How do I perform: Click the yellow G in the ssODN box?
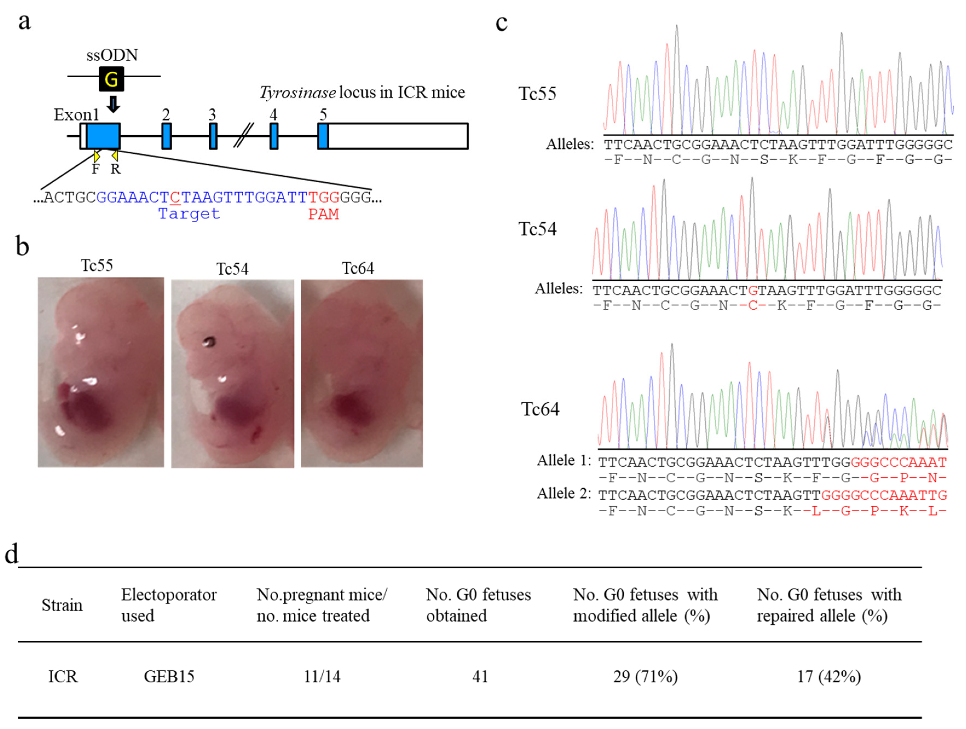click(x=111, y=79)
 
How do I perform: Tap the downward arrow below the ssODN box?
click(x=113, y=104)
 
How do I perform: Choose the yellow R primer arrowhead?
click(x=115, y=156)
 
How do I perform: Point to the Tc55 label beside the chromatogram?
click(x=537, y=94)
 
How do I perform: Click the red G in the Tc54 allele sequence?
click(x=753, y=290)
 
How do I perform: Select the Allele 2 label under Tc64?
click(x=564, y=493)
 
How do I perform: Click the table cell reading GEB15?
click(x=169, y=676)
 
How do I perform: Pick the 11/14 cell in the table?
click(x=322, y=676)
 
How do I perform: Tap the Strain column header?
click(x=62, y=605)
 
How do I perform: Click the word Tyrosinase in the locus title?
click(x=298, y=93)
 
